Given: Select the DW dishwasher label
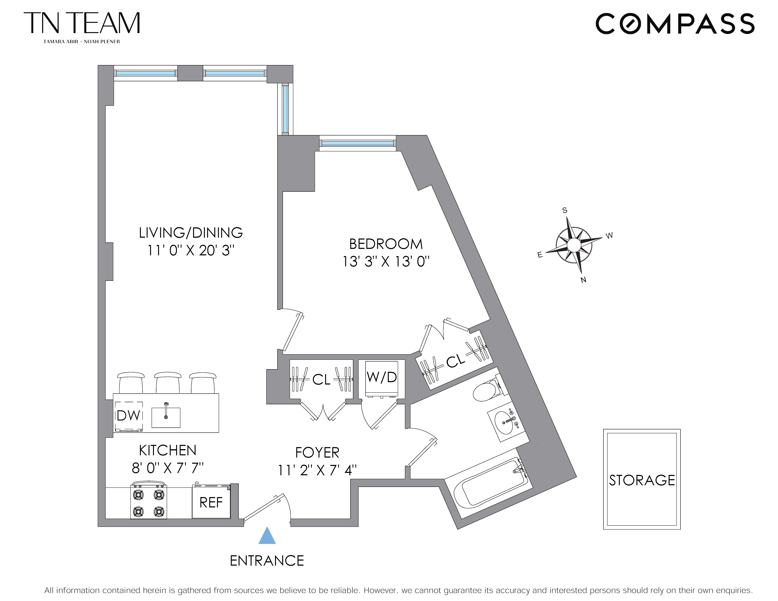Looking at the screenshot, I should click(128, 416).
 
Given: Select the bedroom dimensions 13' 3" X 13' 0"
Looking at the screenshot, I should click(386, 262).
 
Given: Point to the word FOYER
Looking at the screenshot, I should click(317, 453).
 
